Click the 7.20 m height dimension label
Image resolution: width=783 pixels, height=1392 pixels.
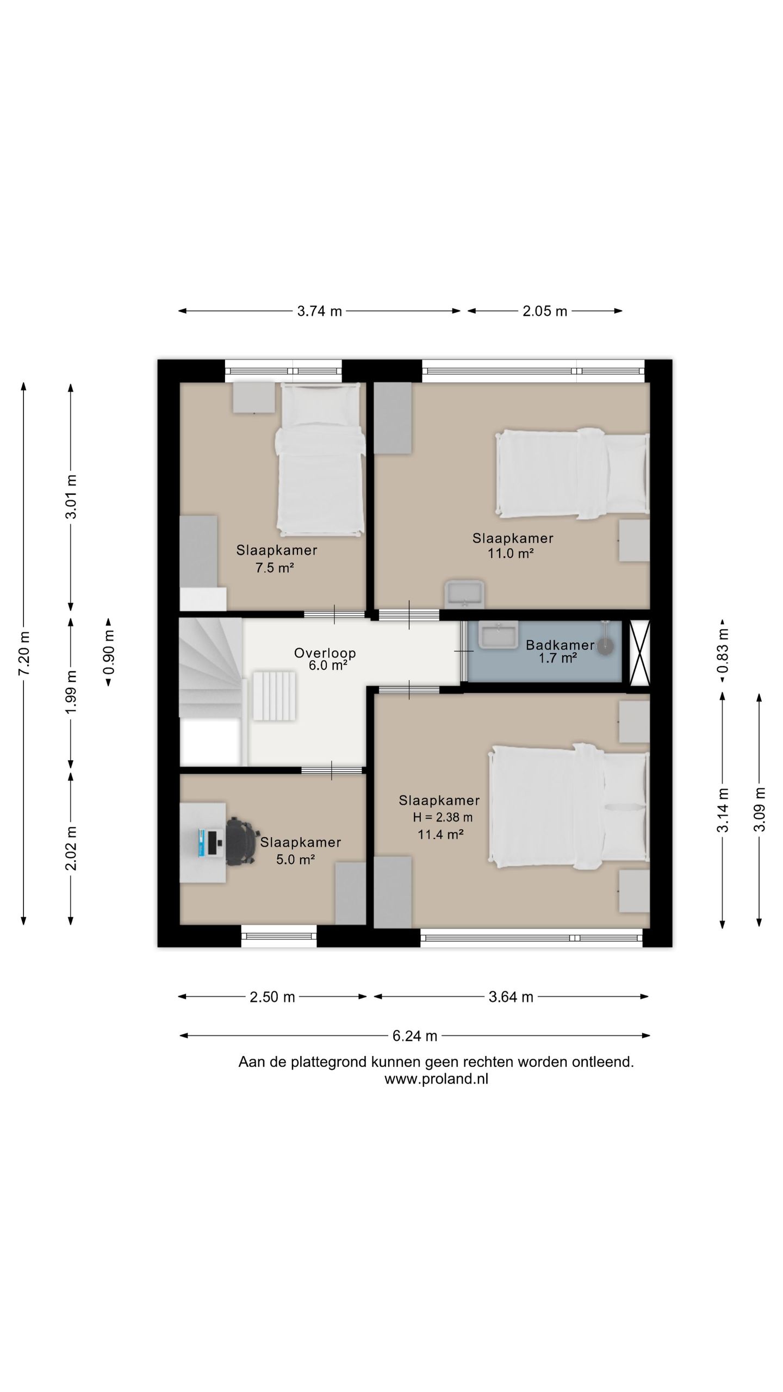click(x=24, y=653)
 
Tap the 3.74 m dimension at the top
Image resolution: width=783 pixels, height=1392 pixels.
click(x=319, y=311)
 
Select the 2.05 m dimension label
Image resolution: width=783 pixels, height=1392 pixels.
click(x=545, y=311)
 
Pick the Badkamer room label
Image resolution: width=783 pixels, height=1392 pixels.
click(x=560, y=645)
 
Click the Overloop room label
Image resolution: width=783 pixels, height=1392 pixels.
click(x=325, y=652)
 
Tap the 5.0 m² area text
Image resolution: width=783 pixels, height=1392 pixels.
click(x=296, y=860)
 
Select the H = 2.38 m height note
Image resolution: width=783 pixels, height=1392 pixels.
click(x=443, y=817)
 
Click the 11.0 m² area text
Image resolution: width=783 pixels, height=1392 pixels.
click(x=511, y=554)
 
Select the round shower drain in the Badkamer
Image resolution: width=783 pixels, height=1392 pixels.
click(x=605, y=646)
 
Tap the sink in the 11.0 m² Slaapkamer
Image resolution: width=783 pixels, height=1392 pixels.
click(x=464, y=594)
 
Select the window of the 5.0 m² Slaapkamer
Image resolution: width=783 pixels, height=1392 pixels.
click(x=279, y=936)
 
